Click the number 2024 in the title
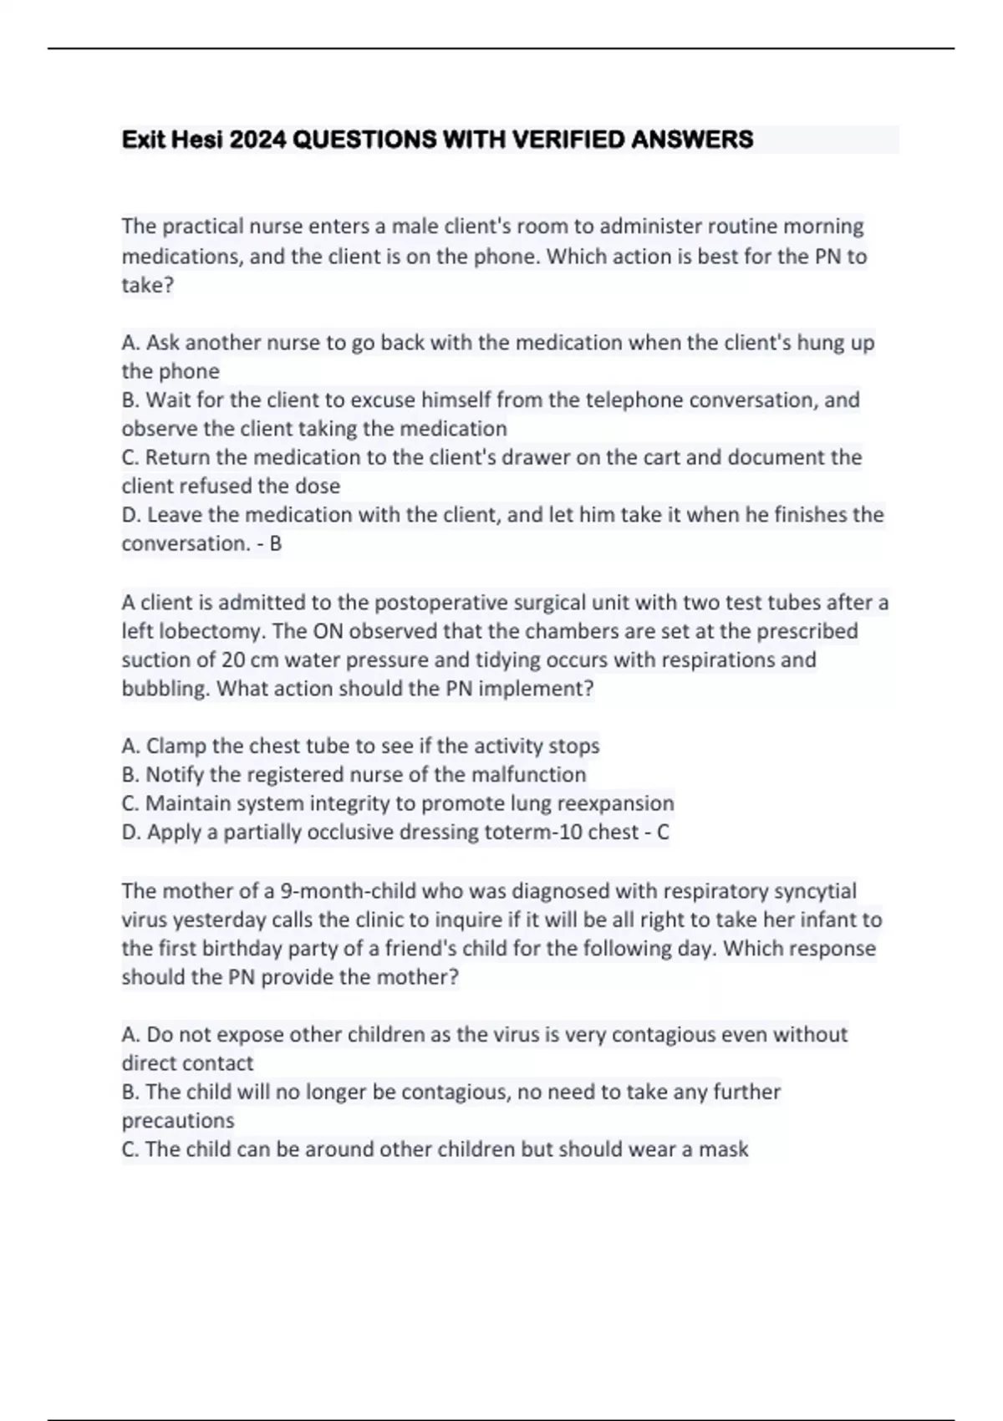[x=257, y=140]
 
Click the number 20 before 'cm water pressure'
[x=233, y=660]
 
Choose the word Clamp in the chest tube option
[x=176, y=746]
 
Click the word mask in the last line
[x=723, y=1149]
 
